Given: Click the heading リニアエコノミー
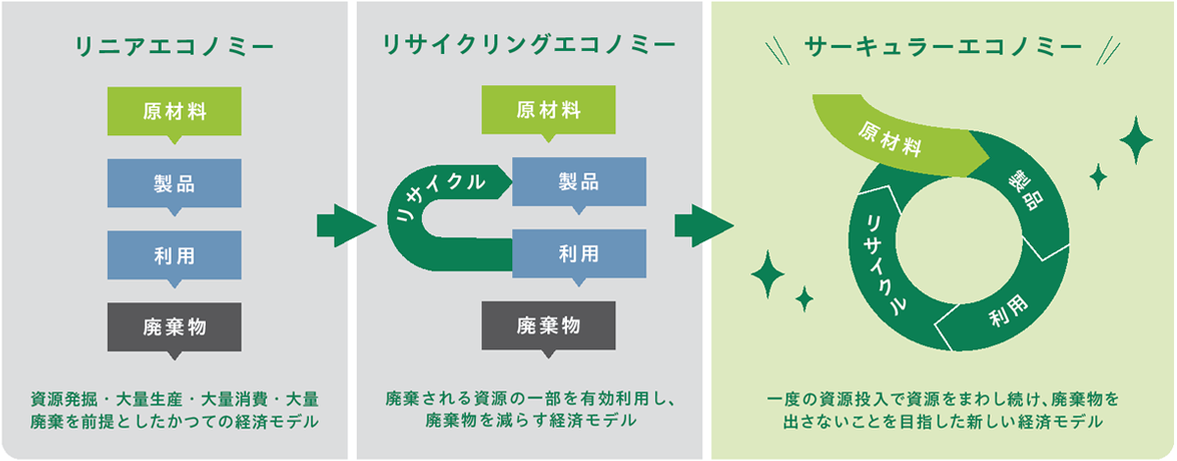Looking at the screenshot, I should pos(174,46).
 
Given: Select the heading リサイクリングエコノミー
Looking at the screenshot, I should pos(529,46).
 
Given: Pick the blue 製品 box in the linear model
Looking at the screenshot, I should pos(174,182).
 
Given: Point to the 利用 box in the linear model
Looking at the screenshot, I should pos(174,255).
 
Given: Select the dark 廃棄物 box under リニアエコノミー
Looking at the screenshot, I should pos(174,326).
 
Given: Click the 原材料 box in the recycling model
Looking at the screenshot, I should pos(548,109).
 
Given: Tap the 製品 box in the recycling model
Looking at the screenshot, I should pos(579,182).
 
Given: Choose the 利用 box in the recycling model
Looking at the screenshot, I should pos(579,254).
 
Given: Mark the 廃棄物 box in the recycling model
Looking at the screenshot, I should pos(548,325).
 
